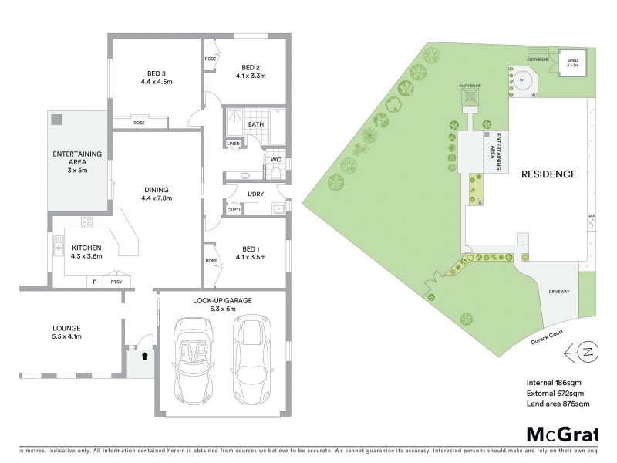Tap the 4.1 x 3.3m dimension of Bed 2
[251, 76]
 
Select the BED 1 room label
[251, 246]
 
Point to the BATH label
[256, 123]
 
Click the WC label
[275, 160]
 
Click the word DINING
[156, 190]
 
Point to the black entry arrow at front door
[144, 356]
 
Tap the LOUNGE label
[67, 328]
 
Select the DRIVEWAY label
[558, 292]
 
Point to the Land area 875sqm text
[558, 403]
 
